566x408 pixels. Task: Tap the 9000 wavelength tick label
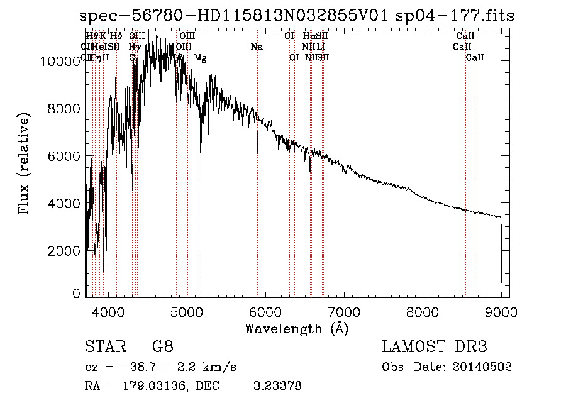(501, 311)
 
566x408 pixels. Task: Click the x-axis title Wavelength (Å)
(296, 328)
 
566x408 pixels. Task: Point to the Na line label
(257, 47)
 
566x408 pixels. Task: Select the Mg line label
(200, 58)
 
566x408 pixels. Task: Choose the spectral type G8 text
(162, 347)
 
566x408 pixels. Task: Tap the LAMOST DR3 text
(435, 347)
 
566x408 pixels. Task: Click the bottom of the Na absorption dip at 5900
(257, 152)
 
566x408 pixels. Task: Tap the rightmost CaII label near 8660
(475, 58)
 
